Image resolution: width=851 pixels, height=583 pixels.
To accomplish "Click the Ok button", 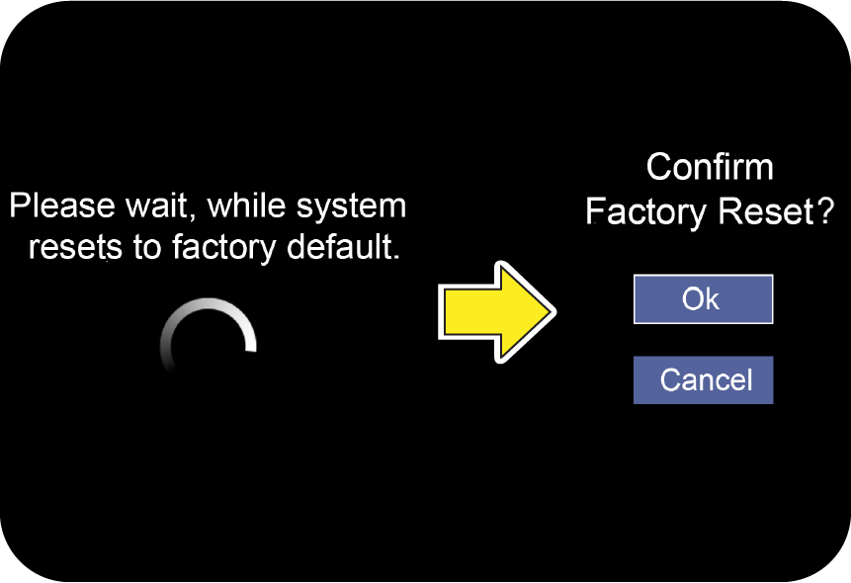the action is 703,299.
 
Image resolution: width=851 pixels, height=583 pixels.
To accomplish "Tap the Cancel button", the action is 703,380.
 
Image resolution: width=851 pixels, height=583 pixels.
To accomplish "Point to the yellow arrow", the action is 496,312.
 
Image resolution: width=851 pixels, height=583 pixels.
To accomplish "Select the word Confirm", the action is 710,167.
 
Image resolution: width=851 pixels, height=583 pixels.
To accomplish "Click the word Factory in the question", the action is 645,212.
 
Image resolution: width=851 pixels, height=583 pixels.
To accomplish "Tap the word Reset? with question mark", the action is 776,211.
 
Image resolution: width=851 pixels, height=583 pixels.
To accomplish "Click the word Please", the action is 62,207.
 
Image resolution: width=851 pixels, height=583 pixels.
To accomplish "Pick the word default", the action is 343,246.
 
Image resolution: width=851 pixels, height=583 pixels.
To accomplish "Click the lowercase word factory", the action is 224,249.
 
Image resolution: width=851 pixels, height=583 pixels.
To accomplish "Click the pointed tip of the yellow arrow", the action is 556,312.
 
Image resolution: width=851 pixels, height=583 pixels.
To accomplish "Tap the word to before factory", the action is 147,248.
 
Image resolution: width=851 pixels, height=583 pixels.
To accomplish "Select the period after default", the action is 396,257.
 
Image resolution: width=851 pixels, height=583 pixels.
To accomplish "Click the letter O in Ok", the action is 693,299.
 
